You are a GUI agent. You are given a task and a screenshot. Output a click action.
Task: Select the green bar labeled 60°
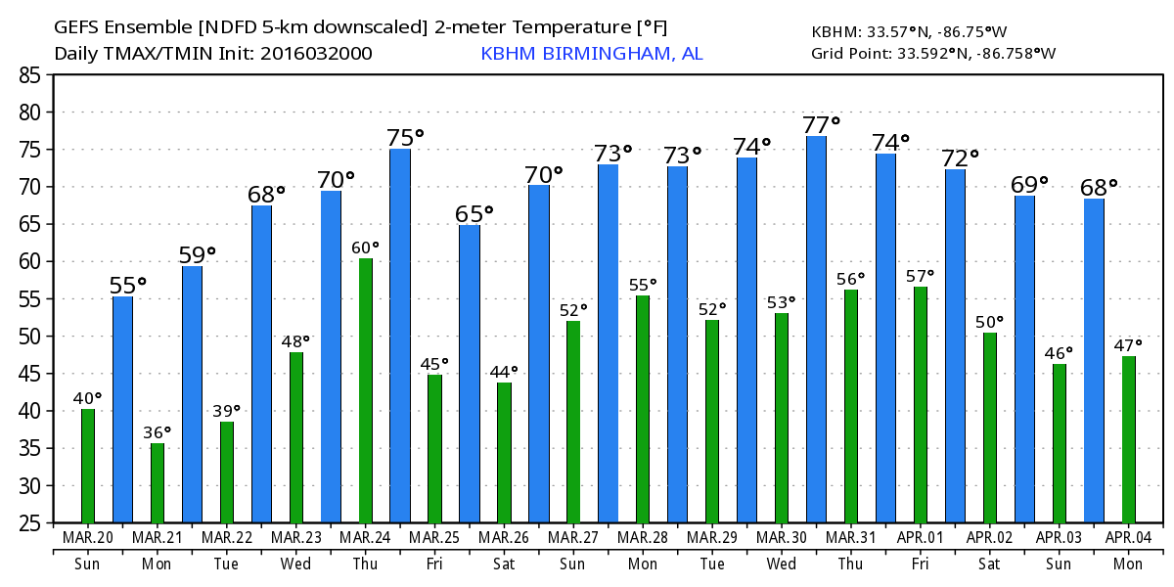pyautogui.click(x=366, y=390)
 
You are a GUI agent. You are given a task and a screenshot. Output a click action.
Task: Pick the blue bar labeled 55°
pyautogui.click(x=122, y=409)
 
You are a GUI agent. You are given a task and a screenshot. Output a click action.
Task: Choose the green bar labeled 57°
pyautogui.click(x=921, y=404)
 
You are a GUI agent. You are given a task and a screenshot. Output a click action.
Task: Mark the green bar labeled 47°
pyautogui.click(x=1129, y=439)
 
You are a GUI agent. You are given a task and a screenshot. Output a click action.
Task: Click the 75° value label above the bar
pyautogui.click(x=406, y=137)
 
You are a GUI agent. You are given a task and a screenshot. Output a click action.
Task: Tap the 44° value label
pyautogui.click(x=504, y=372)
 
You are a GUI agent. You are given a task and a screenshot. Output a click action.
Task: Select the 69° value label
pyautogui.click(x=1030, y=184)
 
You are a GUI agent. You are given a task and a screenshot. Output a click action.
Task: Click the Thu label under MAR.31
pyautogui.click(x=851, y=564)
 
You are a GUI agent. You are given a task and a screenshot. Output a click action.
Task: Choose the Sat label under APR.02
pyautogui.click(x=990, y=564)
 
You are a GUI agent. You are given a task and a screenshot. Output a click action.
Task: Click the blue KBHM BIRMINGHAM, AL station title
pyautogui.click(x=591, y=54)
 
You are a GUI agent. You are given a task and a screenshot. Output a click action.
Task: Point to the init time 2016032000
pyautogui.click(x=315, y=54)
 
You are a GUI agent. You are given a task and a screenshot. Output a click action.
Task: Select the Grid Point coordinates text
pyautogui.click(x=932, y=54)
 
